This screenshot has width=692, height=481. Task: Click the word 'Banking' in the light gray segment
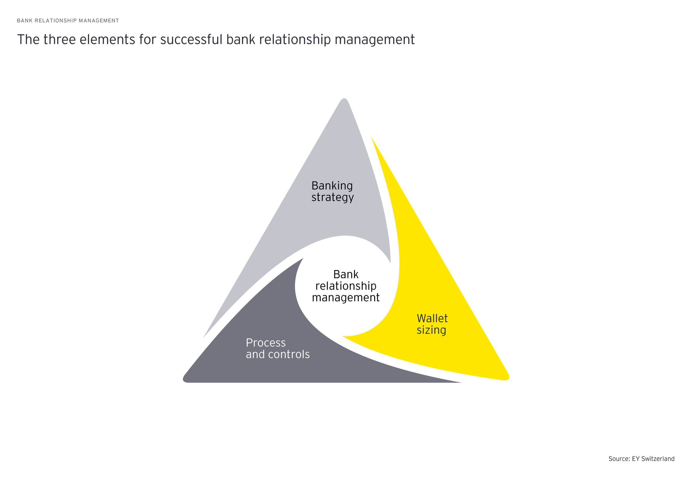332,186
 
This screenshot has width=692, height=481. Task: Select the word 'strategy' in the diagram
332,198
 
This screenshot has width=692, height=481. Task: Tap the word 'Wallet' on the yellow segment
432,318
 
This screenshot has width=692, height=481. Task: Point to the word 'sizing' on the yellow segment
431,330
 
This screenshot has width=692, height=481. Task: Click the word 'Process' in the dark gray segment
265,343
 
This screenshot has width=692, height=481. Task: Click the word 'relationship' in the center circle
346,286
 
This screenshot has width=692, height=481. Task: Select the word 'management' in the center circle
346,297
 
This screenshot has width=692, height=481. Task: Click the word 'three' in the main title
59,40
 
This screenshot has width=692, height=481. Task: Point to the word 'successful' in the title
191,40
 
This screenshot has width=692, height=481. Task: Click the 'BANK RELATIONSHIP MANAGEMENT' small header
68,20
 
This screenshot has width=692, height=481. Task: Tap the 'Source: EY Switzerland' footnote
641,459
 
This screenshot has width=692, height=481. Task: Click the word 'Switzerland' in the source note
658,459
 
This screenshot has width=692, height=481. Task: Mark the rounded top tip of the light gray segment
344,100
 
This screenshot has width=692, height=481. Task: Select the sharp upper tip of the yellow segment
372,138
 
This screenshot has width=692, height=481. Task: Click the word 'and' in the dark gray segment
255,354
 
